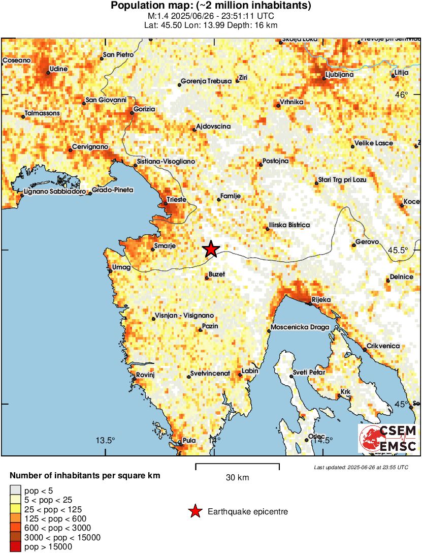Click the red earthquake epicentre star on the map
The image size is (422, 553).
point(211,249)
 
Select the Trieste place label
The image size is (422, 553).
point(176,200)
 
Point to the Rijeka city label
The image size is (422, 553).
point(321,299)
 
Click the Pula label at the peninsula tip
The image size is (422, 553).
point(189,440)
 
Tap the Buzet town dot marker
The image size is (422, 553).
point(207,278)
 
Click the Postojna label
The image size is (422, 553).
point(275,161)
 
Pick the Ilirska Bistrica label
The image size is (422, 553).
point(289,225)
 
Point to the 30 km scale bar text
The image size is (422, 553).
point(237,478)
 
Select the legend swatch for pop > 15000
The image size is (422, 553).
point(15,547)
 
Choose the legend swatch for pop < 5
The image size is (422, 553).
point(15,491)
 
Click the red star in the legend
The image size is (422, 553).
point(194,512)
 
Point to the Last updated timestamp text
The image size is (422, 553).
point(361,467)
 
